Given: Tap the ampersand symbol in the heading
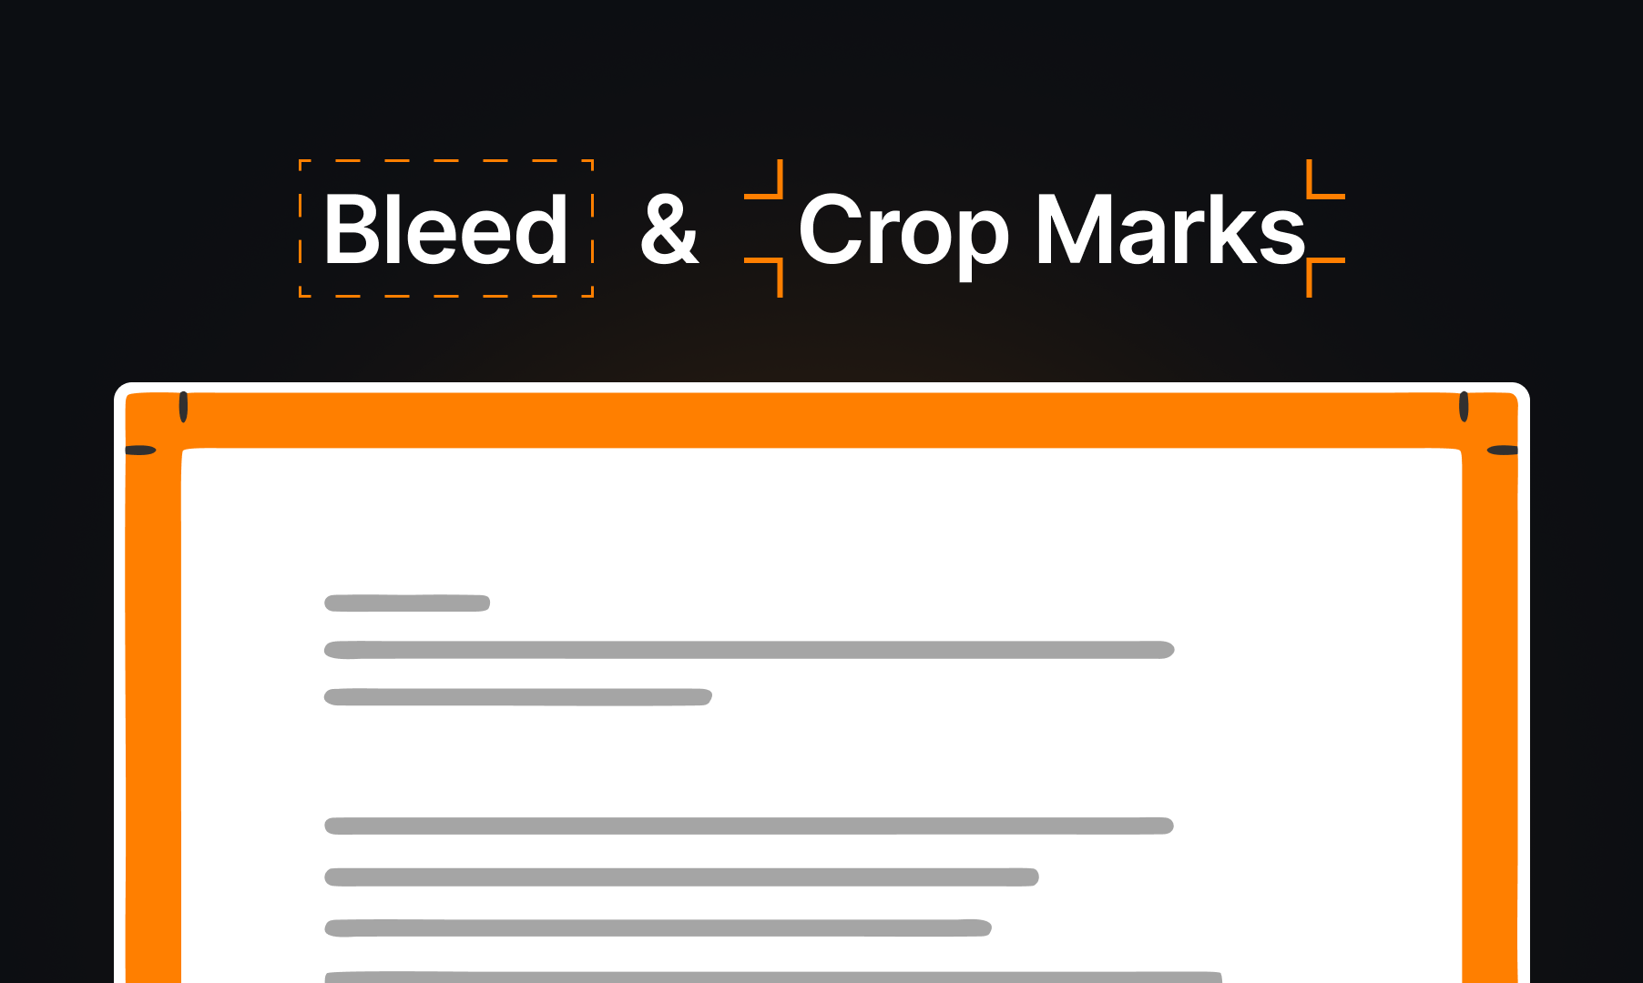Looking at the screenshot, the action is (x=669, y=229).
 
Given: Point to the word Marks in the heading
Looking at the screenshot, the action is (x=1170, y=229).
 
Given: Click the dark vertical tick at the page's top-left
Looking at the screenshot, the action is (x=183, y=407).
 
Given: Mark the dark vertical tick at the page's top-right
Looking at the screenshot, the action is (x=1464, y=407).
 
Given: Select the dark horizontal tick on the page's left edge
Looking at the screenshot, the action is (x=140, y=450).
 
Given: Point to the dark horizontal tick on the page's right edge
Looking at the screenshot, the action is (x=1503, y=450).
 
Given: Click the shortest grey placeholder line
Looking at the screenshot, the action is (x=407, y=603).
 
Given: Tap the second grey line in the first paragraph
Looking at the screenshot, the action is (x=750, y=650).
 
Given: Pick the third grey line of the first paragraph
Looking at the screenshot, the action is (x=518, y=697).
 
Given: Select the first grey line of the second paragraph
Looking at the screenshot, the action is (x=749, y=826).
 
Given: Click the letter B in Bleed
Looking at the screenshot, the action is (x=352, y=229).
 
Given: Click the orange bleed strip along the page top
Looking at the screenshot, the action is (x=821, y=421).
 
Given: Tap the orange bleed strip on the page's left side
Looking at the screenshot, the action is (x=153, y=710).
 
